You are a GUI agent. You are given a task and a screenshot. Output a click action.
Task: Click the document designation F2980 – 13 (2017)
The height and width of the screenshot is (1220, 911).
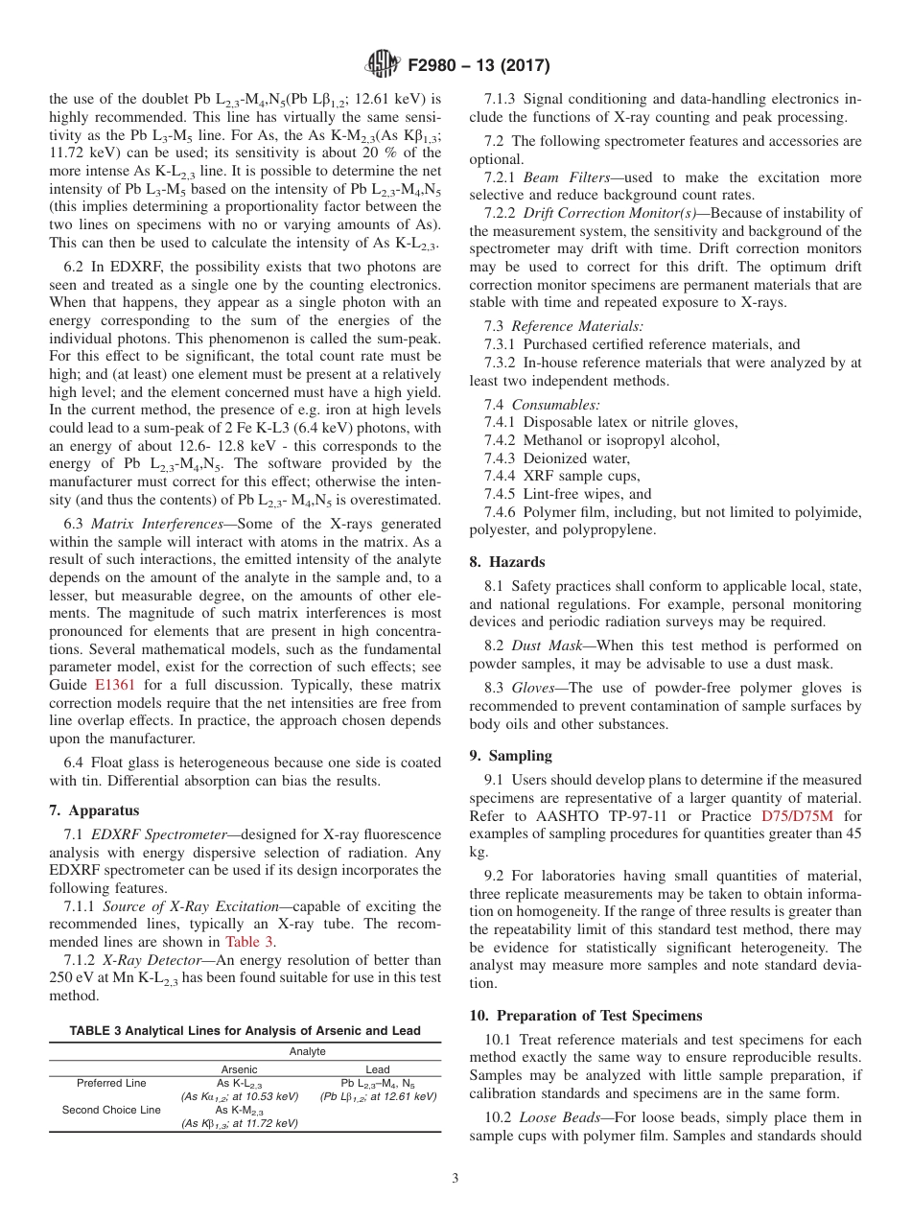pyautogui.click(x=473, y=66)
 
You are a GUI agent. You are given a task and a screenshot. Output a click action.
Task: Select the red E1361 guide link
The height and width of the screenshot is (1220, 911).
pyautogui.click(x=115, y=685)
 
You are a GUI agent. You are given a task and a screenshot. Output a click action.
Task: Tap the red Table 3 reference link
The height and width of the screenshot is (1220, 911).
pyautogui.click(x=248, y=941)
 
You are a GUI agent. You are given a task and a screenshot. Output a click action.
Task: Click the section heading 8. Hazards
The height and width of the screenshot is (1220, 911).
pyautogui.click(x=507, y=562)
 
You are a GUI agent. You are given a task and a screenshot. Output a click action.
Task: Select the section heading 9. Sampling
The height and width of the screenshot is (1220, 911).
pyautogui.click(x=510, y=756)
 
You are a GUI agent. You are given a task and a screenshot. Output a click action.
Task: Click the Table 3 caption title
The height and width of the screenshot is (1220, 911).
pyautogui.click(x=245, y=1031)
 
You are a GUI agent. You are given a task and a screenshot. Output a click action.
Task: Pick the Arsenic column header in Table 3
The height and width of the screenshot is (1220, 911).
pyautogui.click(x=239, y=1068)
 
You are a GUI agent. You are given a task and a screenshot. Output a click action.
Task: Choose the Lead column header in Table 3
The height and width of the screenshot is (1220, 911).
pyautogui.click(x=378, y=1068)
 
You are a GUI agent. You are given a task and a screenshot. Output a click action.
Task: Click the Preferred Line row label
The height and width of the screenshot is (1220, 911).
pyautogui.click(x=111, y=1083)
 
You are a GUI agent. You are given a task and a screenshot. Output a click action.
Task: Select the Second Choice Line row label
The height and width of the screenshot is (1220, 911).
pyautogui.click(x=111, y=1110)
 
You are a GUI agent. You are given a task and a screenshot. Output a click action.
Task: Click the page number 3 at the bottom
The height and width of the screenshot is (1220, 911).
pyautogui.click(x=455, y=1179)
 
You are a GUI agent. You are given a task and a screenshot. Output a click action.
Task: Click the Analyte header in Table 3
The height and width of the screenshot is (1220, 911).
pyautogui.click(x=308, y=1051)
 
